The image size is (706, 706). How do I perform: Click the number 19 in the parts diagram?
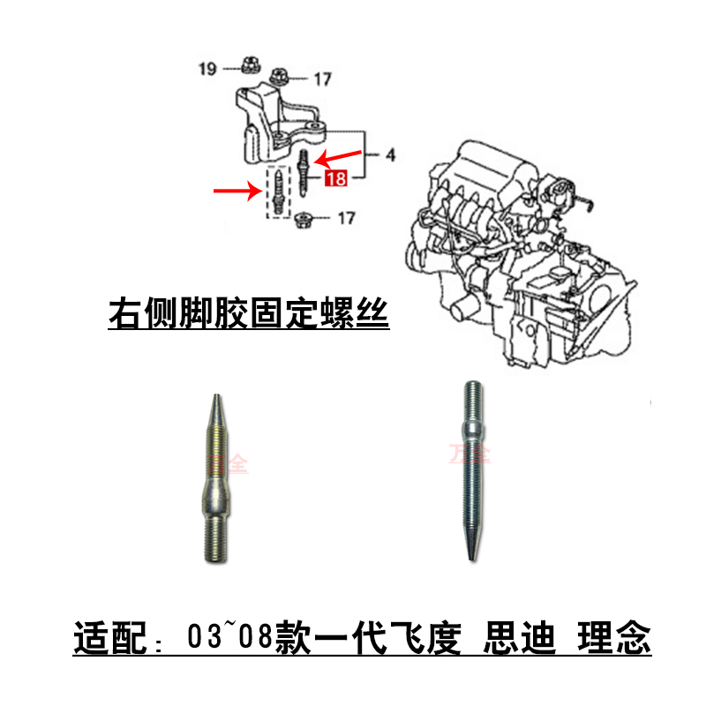click(x=207, y=68)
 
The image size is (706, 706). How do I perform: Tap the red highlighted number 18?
click(x=335, y=180)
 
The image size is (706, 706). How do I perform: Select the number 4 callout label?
click(x=390, y=157)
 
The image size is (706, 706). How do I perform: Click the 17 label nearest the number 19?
click(x=321, y=79)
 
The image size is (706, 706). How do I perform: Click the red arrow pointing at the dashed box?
click(x=236, y=189)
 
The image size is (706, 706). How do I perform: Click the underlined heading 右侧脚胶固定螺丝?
click(x=248, y=314)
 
